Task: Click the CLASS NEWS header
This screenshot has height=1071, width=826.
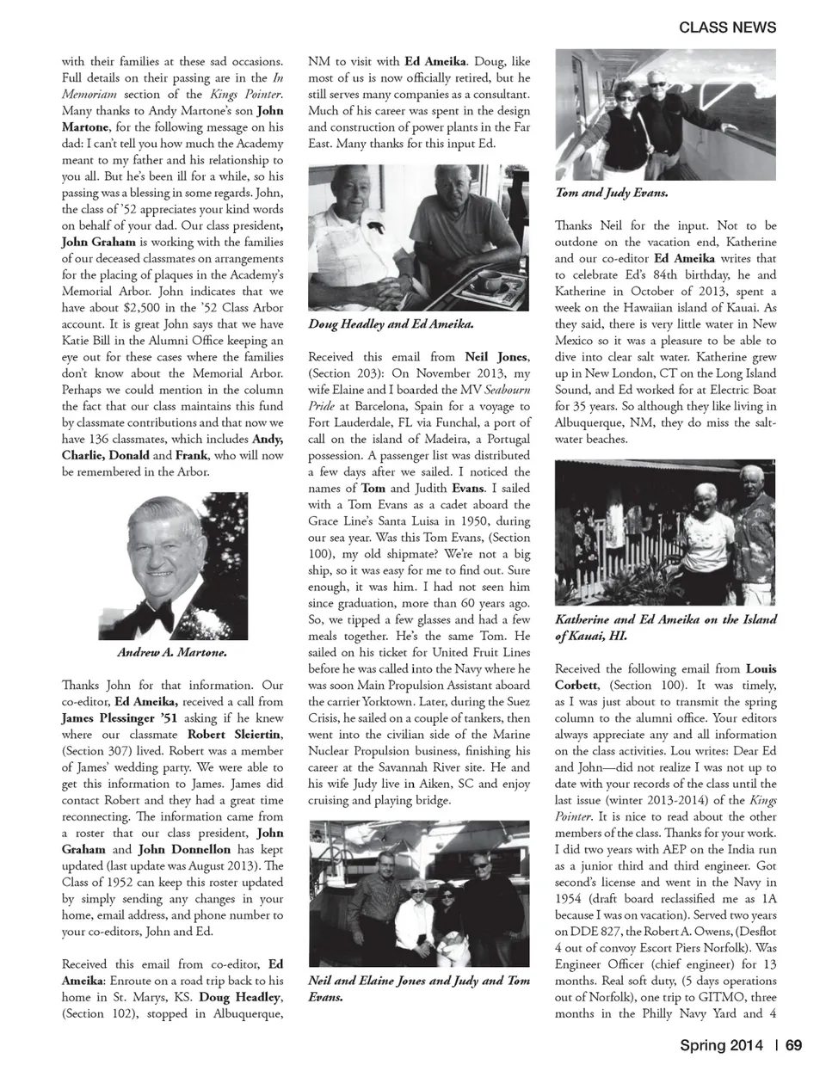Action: (x=727, y=27)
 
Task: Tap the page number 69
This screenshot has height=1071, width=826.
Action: (x=793, y=1045)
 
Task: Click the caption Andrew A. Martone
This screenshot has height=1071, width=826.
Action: (x=172, y=653)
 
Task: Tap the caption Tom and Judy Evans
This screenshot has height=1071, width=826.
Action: (x=612, y=194)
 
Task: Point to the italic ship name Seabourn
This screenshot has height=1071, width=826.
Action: (x=505, y=390)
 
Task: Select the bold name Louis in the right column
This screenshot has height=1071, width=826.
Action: (x=761, y=668)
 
